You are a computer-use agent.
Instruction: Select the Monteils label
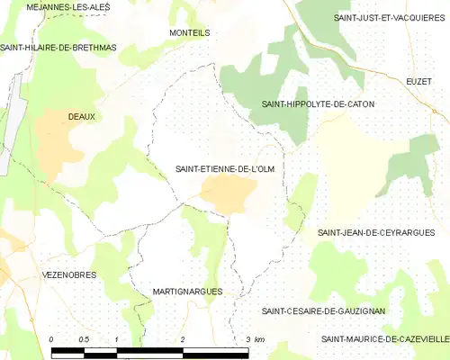tap(189, 31)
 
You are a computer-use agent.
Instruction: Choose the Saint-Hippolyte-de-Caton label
tap(318, 104)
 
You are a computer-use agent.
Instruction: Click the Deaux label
tap(82, 116)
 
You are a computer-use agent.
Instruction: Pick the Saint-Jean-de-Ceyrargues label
tap(370, 232)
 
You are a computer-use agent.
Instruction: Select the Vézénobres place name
tap(69, 274)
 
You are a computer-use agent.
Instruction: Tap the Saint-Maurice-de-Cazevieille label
tap(385, 338)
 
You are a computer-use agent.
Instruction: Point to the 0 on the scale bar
tap(52, 338)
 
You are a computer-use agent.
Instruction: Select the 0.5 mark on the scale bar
tap(84, 338)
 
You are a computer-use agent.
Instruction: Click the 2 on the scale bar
tap(183, 338)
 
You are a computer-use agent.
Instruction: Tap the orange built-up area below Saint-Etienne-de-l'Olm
tap(229, 193)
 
